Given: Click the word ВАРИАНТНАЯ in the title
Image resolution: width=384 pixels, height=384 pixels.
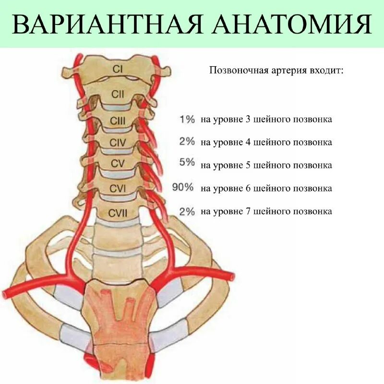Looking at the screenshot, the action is pos(103,24).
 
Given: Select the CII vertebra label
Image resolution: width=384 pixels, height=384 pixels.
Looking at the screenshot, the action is pos(118,95).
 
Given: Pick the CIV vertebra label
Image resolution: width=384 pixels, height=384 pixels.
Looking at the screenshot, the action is pos(118,143).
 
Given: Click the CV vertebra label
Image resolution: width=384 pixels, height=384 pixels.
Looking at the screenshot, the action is pos(118,164).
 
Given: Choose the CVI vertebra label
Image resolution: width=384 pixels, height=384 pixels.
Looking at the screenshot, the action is pos(118,189).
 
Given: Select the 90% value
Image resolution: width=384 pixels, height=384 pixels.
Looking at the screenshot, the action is pos(183,188).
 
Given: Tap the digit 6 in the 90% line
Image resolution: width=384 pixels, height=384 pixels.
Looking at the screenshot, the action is pos(247,188).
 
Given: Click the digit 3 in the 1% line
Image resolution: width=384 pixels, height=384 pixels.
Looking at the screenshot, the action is pos(247,120).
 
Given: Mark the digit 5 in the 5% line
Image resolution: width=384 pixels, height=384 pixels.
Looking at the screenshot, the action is pos(247,165).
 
